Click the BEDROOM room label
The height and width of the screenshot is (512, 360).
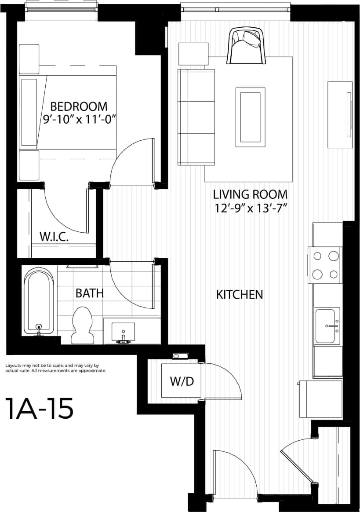coord(79,106)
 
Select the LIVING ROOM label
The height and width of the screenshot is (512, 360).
coord(250,194)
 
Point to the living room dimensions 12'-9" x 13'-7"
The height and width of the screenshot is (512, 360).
coord(250,208)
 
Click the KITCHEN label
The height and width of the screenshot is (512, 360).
coord(240,295)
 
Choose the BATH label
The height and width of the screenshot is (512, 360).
coord(90,293)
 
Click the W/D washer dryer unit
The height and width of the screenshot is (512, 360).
coord(182,381)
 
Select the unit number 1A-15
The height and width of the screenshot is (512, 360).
coord(39,409)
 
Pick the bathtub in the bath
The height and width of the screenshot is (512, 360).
coord(39,302)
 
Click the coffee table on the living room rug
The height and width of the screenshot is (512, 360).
coord(250,117)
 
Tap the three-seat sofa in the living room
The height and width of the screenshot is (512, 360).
coord(196,117)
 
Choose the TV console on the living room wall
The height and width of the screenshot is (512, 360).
coord(340,115)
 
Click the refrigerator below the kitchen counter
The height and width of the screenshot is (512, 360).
coord(320,399)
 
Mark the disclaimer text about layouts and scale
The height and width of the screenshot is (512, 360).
coord(55,368)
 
